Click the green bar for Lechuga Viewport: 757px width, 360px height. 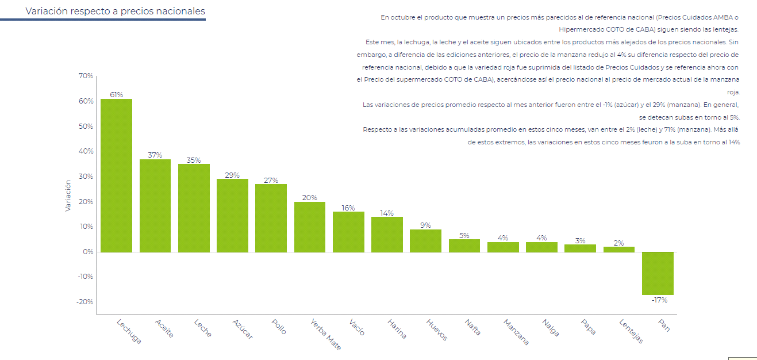point(116,175)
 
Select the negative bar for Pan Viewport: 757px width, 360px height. point(658,273)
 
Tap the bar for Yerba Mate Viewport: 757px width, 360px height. point(310,227)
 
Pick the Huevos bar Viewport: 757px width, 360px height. point(425,240)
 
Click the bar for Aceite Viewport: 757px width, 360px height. point(155,205)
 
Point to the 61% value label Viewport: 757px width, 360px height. point(116,95)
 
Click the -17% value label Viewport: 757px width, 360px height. point(659,300)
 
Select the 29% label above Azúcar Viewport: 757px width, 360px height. point(232,175)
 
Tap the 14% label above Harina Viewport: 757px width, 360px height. point(387,213)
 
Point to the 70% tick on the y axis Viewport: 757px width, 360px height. point(86,76)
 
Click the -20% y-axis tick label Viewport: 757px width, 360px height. point(84,302)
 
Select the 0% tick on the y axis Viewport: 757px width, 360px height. point(88,252)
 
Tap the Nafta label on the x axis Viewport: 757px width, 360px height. point(472,327)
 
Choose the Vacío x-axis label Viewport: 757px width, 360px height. point(356,327)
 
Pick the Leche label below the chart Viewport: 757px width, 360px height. point(202,328)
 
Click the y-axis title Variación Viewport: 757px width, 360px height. point(68,196)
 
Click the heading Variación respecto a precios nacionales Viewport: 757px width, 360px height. point(115,11)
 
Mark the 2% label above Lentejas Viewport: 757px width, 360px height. point(618,243)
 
